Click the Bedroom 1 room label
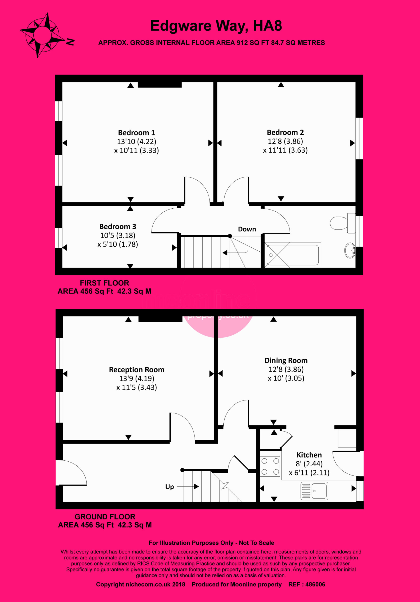coord(136,132)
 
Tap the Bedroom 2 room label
coord(285,132)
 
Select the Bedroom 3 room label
coord(118,226)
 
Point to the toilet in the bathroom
coord(343,223)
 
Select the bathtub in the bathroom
coord(293,255)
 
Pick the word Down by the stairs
coord(247,229)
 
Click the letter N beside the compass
coord(70,42)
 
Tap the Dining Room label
coord(286,360)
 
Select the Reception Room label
coord(137,370)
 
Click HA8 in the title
coord(267,26)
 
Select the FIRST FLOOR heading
coord(104,283)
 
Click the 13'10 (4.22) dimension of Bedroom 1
coord(137,142)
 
